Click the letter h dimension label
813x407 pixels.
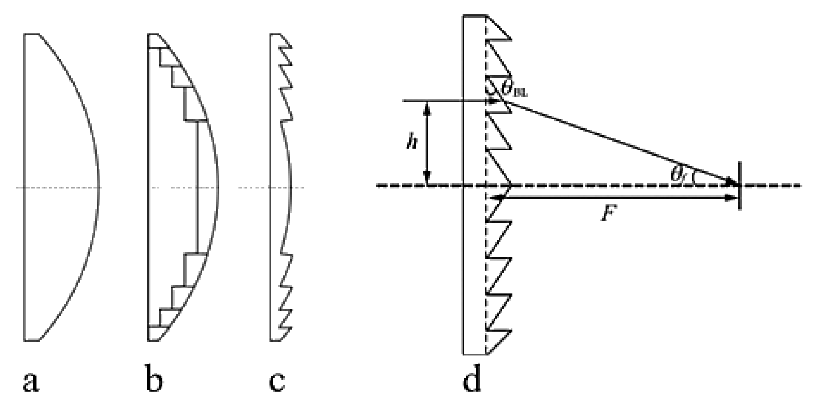coord(412,143)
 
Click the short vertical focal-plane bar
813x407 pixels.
coord(740,185)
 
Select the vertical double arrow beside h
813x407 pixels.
coord(427,143)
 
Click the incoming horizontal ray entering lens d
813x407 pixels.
coord(444,101)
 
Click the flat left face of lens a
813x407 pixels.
coord(24,187)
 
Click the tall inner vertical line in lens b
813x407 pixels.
coord(197,187)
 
